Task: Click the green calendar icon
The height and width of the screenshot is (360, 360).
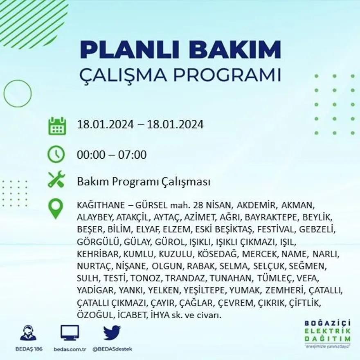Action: [57, 126]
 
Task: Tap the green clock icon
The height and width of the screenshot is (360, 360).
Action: [56, 155]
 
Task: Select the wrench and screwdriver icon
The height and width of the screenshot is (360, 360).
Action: [56, 180]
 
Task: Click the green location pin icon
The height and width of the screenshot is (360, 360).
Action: [56, 208]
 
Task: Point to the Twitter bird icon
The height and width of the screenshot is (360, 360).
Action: [112, 333]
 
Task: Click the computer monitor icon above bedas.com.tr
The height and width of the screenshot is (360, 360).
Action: [70, 333]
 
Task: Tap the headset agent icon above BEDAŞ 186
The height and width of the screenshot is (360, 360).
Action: [28, 333]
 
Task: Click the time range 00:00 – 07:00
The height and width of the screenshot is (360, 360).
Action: [112, 155]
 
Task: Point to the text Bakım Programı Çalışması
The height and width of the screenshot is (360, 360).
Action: [144, 182]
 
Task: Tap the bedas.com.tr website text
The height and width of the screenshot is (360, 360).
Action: [70, 349]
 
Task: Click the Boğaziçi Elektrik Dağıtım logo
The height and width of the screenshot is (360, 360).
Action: [327, 333]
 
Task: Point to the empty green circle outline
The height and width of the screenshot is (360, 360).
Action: [18, 93]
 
